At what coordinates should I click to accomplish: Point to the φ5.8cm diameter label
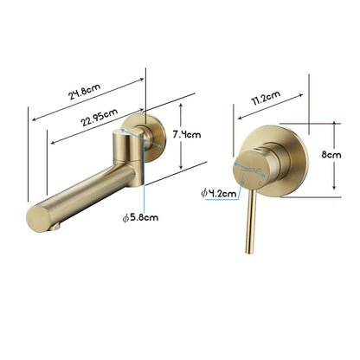pyautogui.click(x=141, y=217)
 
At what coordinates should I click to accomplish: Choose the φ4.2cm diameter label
pyautogui.click(x=218, y=193)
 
